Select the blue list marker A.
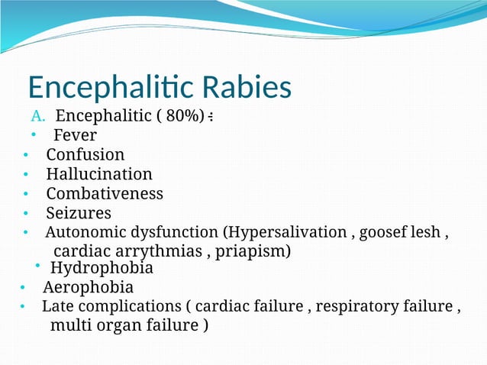[x=39, y=117]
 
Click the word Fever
[x=76, y=136]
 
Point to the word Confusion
[x=85, y=155]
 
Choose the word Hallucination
[x=99, y=174]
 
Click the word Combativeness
[x=105, y=193]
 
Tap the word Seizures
[x=79, y=212]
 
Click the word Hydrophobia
[x=102, y=268]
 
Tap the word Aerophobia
[x=88, y=287]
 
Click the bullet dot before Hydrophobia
[x=37, y=266]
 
